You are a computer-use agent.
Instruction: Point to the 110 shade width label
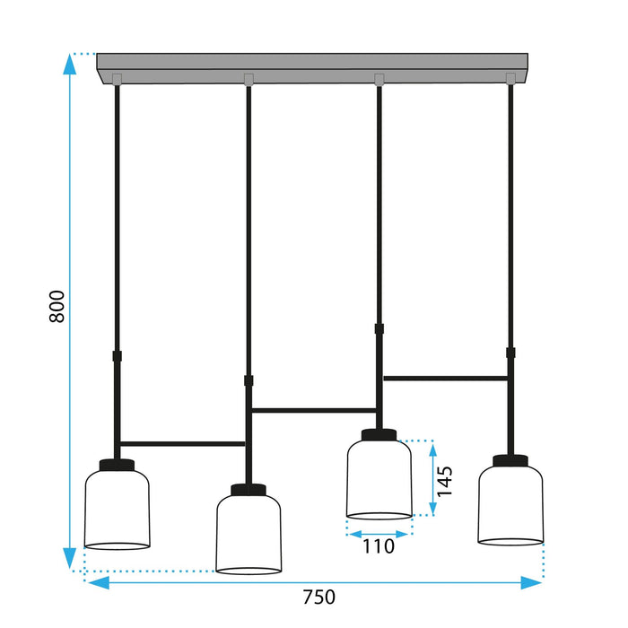(x=378, y=545)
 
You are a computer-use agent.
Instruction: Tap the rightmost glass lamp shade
(x=510, y=504)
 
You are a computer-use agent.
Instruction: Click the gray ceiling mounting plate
(x=314, y=68)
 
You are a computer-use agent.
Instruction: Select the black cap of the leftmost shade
(x=117, y=465)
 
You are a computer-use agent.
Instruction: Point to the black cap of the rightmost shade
(x=510, y=462)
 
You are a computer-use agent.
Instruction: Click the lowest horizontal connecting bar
(x=183, y=443)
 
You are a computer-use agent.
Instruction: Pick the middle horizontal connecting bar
(x=314, y=411)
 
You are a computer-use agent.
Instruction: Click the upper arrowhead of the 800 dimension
(x=69, y=61)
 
